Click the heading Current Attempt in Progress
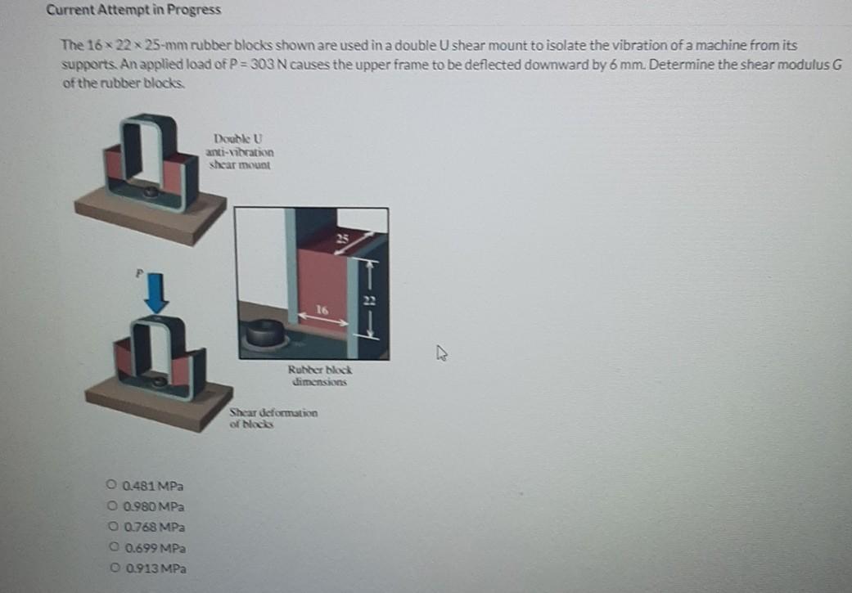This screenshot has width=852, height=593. tap(133, 11)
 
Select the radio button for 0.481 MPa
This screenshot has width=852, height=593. tap(110, 487)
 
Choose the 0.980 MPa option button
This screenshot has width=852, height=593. tap(110, 507)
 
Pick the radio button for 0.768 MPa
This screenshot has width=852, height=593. tap(110, 528)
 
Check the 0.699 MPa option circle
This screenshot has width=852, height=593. tap(110, 547)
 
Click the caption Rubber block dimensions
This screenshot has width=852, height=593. tap(319, 377)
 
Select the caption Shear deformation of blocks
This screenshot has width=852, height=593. tap(273, 418)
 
